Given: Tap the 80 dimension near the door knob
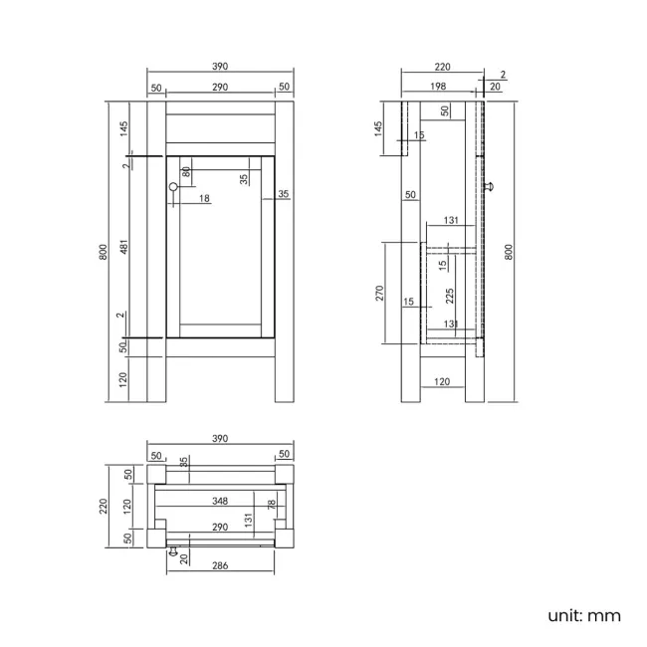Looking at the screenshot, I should point(186,171).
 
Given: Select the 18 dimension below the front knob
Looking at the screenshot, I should point(204,199).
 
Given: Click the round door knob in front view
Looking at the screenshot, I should point(173,186).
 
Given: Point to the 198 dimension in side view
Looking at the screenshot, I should point(437,88).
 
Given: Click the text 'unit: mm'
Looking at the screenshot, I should point(583,615).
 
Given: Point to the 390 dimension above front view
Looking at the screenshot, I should point(220,67).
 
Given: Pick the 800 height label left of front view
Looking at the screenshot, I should point(105,252).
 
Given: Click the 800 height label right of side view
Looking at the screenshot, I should point(509,252).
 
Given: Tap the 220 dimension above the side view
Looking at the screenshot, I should point(442,67).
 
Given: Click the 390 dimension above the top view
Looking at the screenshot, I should point(220,438).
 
